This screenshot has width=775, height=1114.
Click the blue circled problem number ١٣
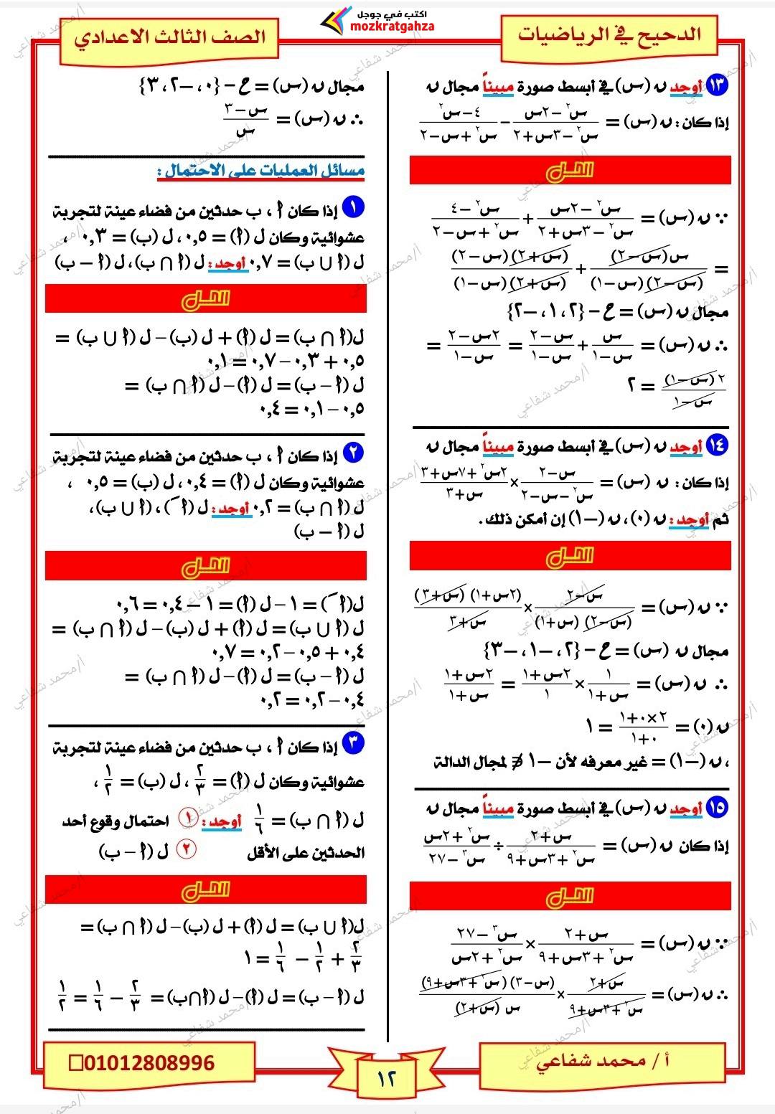tap(717, 85)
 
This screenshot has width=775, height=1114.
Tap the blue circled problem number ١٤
tap(717, 445)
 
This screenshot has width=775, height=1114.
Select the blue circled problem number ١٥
tap(717, 808)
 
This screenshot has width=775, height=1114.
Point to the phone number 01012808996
tap(149, 1062)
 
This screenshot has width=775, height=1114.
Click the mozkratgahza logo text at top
tap(393, 27)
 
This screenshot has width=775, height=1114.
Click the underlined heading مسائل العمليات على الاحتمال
tap(261, 171)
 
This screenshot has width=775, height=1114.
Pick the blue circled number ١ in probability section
tap(353, 208)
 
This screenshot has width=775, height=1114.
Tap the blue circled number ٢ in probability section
tap(353, 453)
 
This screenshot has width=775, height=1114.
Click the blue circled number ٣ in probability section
tap(353, 742)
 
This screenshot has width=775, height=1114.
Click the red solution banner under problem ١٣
tap(570, 171)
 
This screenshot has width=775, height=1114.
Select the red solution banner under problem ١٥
tap(570, 896)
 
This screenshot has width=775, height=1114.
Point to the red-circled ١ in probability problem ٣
tap(187, 816)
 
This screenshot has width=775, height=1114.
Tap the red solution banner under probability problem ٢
tap(206, 566)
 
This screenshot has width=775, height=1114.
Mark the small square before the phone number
tap(75, 1063)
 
